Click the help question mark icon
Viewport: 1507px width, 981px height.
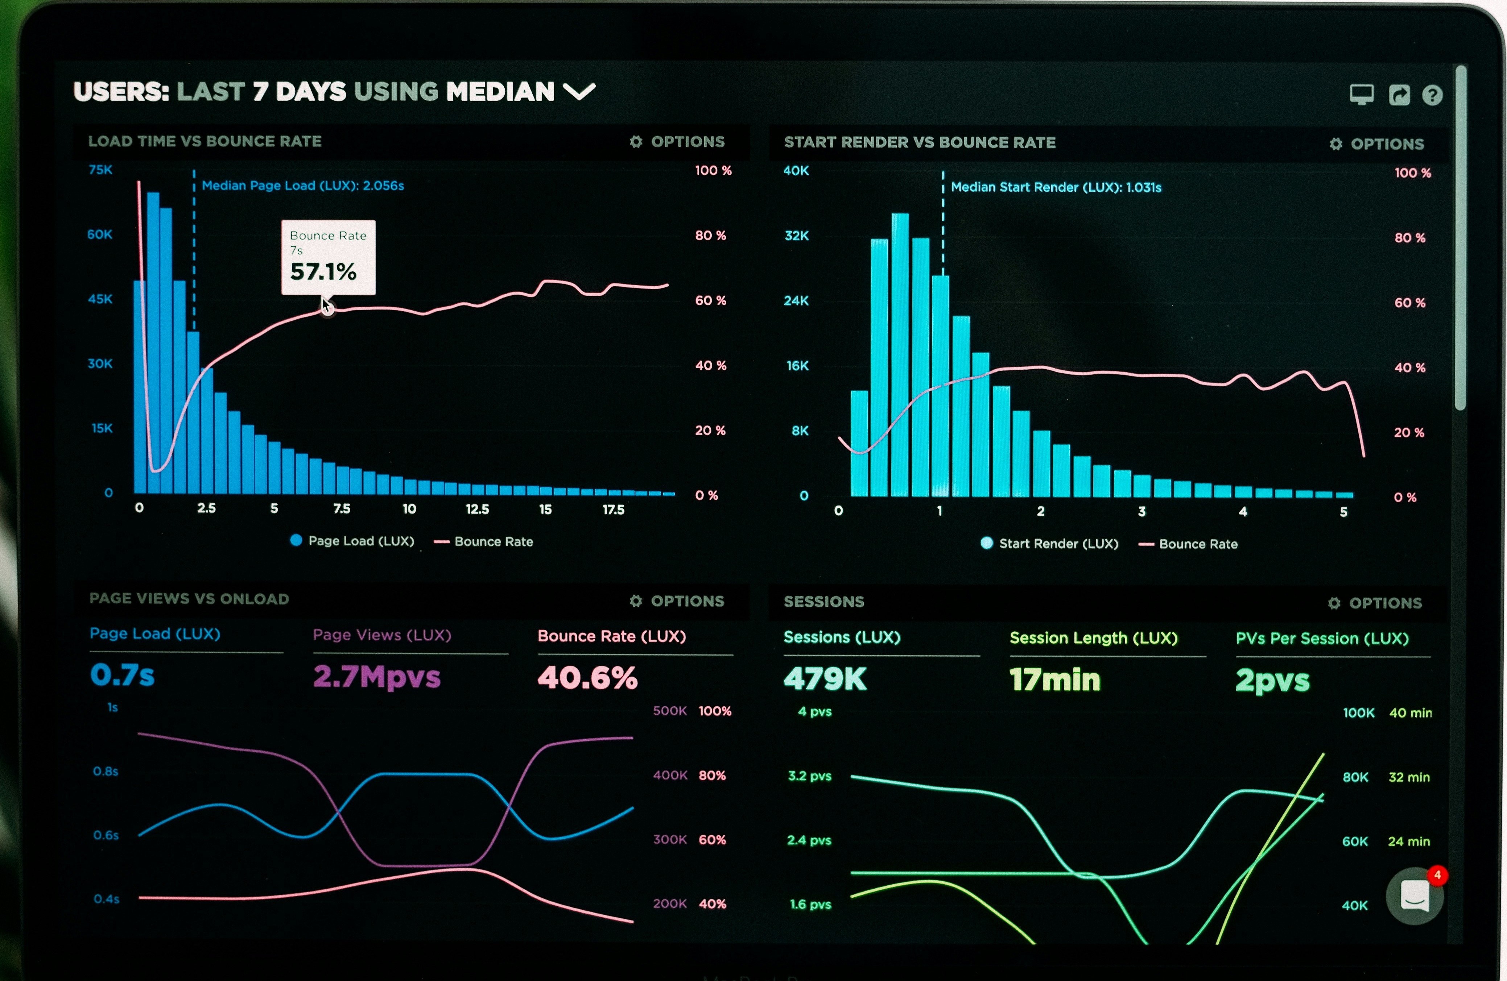pos(1432,95)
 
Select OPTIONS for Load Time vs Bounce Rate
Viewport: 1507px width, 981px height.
pos(677,142)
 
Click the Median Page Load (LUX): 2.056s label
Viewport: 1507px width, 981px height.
pos(303,186)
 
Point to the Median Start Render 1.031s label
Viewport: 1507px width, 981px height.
pos(1056,187)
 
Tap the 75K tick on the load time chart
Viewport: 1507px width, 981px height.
pos(101,170)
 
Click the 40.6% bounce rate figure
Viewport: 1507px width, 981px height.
pos(587,678)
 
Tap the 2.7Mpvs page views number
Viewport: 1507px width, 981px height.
pos(377,677)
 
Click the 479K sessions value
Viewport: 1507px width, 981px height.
pos(825,679)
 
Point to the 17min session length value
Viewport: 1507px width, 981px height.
pos(1055,680)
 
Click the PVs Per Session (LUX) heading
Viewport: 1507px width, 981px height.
pos(1322,639)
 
